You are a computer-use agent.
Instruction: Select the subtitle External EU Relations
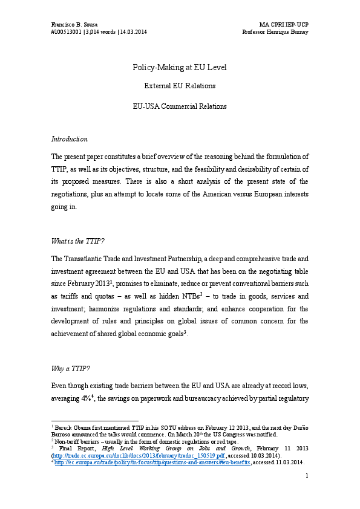click(180, 86)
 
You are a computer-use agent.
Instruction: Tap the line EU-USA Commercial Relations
click(180, 106)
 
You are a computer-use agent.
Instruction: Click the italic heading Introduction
click(69, 139)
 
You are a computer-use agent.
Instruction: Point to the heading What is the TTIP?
click(79, 241)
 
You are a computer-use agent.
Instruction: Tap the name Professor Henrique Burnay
click(275, 31)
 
